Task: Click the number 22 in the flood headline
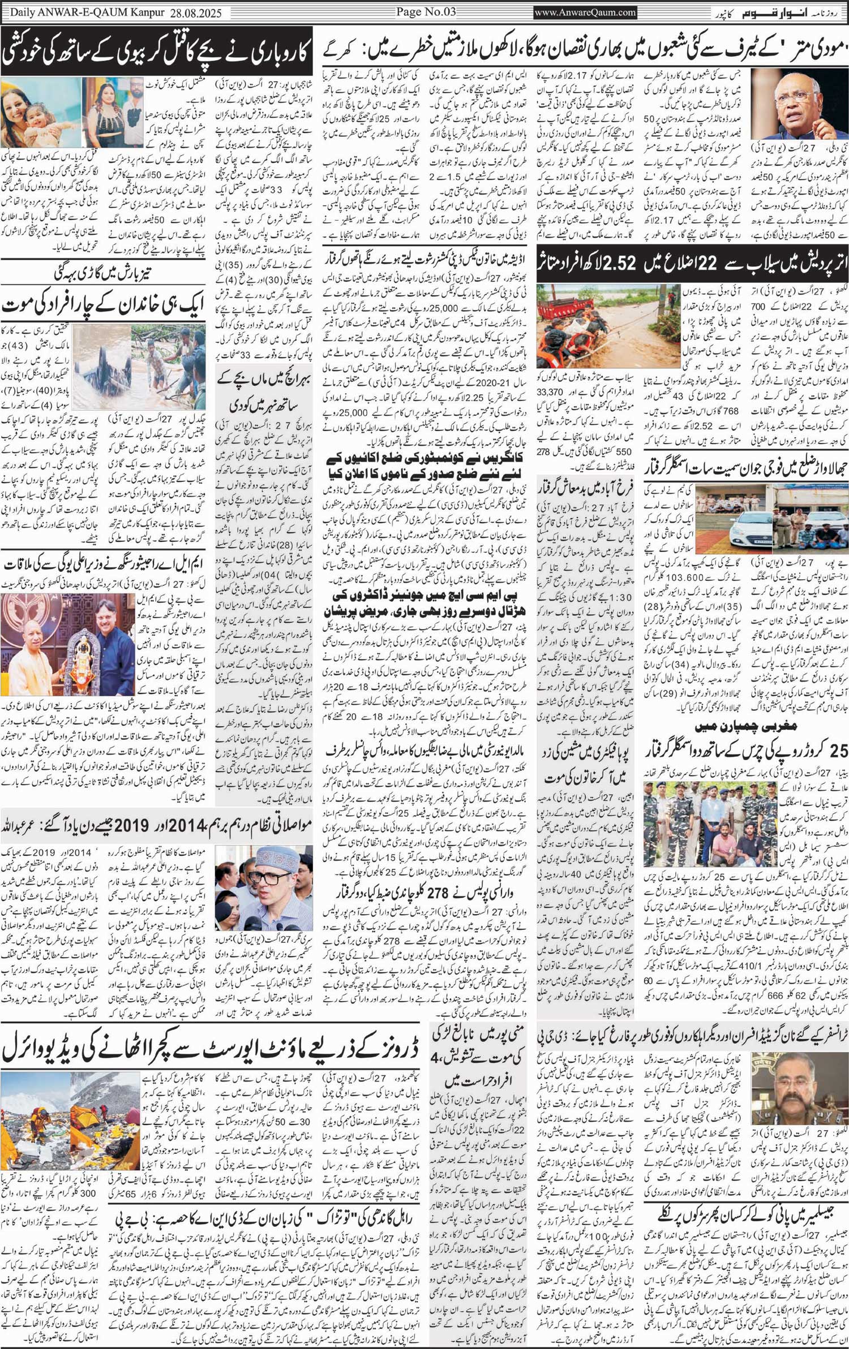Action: [x=710, y=264]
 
